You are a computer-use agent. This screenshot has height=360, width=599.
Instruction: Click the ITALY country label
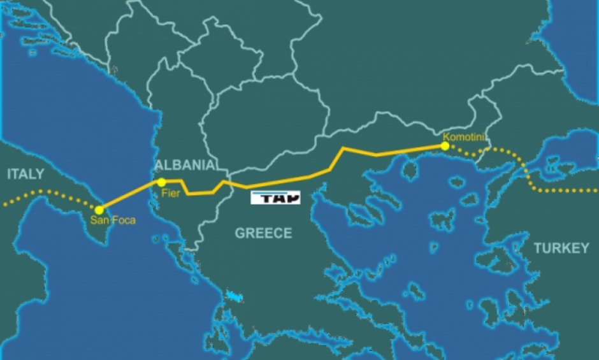point(26,174)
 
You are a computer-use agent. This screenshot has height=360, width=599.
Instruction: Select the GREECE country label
point(263,233)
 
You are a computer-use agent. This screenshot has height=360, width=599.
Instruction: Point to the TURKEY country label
point(561,248)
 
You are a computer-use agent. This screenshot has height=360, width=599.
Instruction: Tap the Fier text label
point(168,192)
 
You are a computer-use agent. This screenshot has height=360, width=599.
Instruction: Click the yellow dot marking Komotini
point(444,147)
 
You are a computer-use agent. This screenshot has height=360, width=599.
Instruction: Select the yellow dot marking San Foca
point(98,210)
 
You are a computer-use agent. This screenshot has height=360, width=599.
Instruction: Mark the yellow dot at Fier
point(162,183)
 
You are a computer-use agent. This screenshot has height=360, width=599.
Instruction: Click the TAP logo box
point(275,198)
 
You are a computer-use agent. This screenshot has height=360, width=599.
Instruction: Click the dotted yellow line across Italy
point(45,192)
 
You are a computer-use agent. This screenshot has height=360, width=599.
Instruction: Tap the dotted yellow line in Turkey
point(561,191)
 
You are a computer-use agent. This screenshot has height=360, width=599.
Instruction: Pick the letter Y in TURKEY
point(584,248)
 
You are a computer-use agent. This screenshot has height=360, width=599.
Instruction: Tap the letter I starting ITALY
point(10,174)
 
